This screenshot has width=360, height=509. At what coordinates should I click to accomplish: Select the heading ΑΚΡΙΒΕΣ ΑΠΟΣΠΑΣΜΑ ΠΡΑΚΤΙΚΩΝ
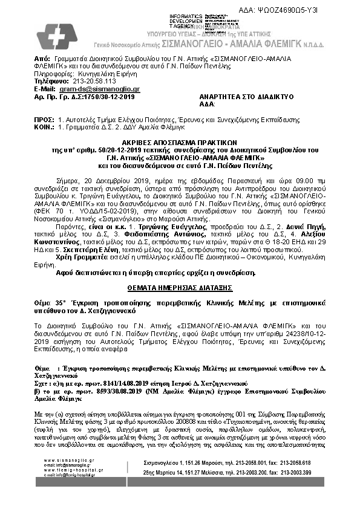click(180, 138)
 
